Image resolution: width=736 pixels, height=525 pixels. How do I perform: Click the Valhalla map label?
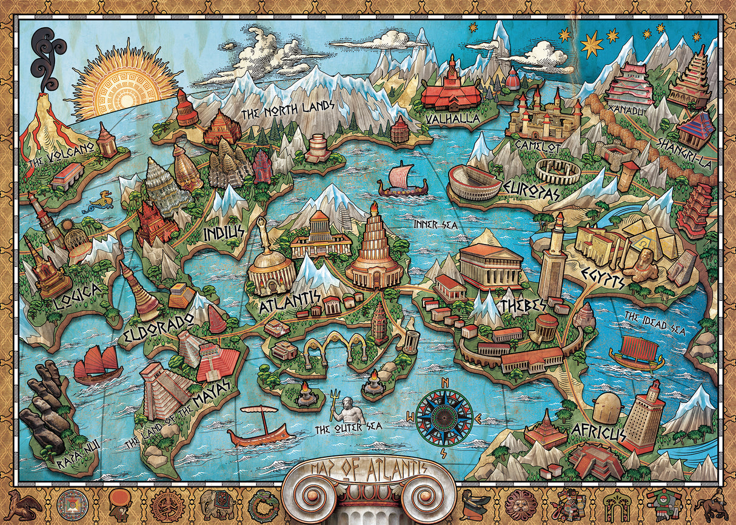(453, 118)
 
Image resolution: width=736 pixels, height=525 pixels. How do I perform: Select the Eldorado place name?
(149, 328)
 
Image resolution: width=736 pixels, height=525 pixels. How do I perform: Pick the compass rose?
(444, 417)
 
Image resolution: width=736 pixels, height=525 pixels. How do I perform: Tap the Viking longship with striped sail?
(402, 180)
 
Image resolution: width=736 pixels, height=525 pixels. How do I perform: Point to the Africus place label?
(597, 432)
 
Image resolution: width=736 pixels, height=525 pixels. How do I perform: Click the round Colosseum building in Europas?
(474, 181)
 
